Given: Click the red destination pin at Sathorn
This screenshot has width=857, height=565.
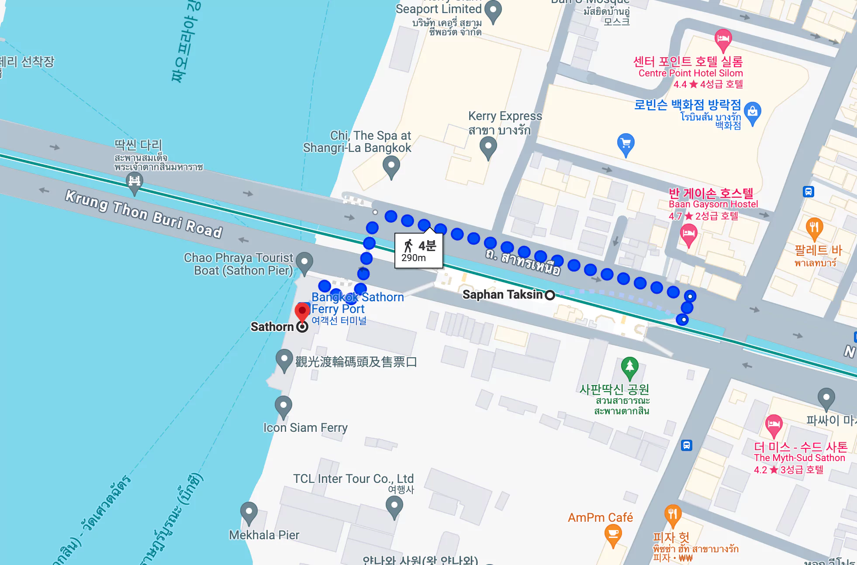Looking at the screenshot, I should click(302, 312).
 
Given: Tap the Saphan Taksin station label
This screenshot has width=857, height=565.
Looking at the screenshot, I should click(502, 295).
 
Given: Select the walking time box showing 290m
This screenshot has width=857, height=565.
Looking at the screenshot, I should click(418, 251).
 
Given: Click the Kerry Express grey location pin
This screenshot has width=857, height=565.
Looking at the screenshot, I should click(488, 147).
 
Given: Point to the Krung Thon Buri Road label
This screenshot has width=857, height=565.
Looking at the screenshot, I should click(144, 214).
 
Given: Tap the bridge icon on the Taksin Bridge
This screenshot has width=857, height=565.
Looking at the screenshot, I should click(135, 181).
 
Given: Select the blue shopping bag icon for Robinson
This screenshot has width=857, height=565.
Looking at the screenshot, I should click(752, 112).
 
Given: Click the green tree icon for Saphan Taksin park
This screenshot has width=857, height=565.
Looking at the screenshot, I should click(629, 366).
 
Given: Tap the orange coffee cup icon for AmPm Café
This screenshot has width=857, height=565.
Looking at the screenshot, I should click(613, 534).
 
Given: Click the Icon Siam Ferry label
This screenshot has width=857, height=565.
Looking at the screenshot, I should click(305, 427).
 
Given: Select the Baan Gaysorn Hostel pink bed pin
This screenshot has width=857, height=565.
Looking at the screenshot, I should click(688, 234).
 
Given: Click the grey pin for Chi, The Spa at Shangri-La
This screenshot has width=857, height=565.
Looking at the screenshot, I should click(391, 166).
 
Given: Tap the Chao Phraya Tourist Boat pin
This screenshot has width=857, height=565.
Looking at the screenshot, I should click(304, 262).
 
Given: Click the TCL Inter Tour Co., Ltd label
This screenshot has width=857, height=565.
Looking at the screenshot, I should click(353, 479).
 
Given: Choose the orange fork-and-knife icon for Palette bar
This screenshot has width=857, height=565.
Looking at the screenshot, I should click(814, 227).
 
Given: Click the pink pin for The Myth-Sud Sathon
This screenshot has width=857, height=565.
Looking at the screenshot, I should click(774, 424).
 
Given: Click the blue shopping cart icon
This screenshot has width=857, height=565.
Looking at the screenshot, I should click(625, 144).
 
